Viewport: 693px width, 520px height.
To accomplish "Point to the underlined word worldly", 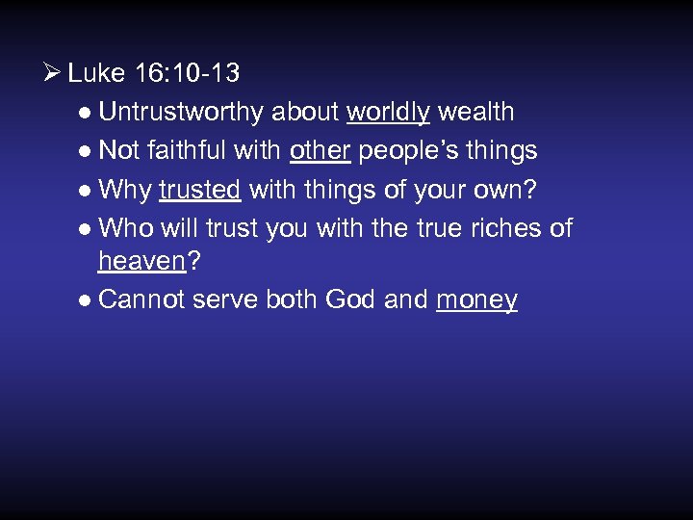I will pos(388,112).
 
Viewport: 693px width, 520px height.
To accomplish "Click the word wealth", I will pos(476,112).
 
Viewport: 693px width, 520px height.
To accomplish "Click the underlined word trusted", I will pos(199,190).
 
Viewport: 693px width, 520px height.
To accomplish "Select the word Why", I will pos(125,190).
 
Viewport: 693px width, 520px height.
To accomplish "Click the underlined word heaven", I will pos(141,261).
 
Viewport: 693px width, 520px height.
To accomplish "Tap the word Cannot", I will pos(141,299).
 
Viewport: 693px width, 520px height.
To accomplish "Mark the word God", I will pos(351,299).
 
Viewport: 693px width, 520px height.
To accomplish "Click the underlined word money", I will pos(476,300).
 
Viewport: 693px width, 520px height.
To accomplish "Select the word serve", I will pos(223,299).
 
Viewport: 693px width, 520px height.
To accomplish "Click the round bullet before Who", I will pos(87,229).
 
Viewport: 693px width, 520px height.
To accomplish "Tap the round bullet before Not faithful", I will pos(87,151).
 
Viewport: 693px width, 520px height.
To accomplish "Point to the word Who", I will pos(125,228).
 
